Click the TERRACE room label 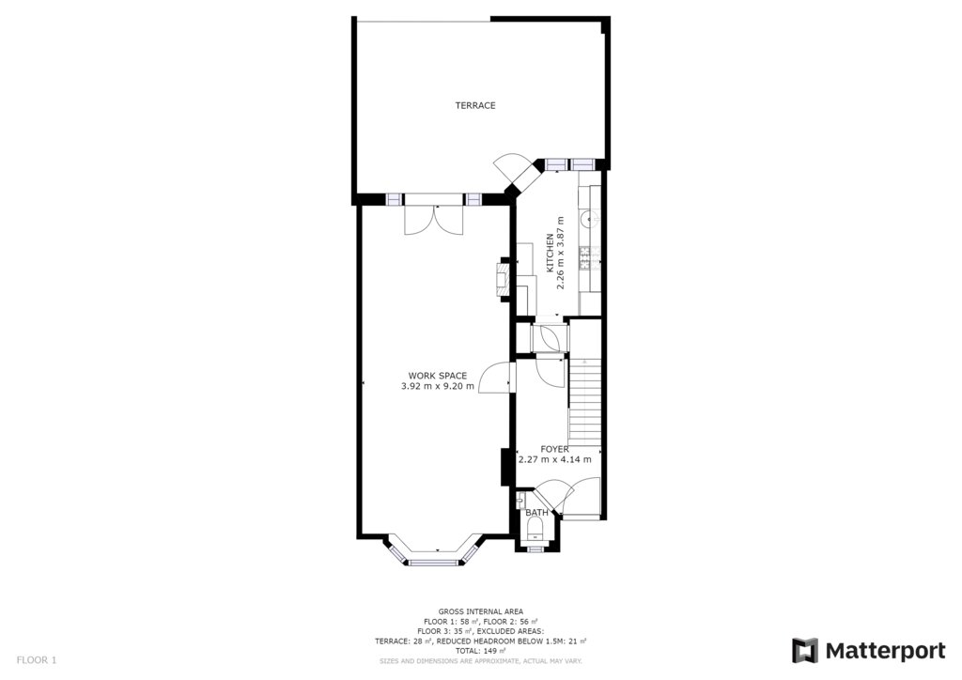tap(474, 105)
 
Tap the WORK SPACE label tap(438, 376)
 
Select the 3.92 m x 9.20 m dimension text tap(438, 386)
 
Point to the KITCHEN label tap(551, 253)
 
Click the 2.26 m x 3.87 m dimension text tap(560, 253)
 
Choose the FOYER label tap(554, 450)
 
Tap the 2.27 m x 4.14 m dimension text tap(555, 459)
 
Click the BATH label tap(536, 513)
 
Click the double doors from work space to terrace tap(434, 219)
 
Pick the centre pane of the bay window tap(434, 562)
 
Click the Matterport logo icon tap(804, 651)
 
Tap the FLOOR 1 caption tap(37, 660)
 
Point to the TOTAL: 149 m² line tap(480, 651)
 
